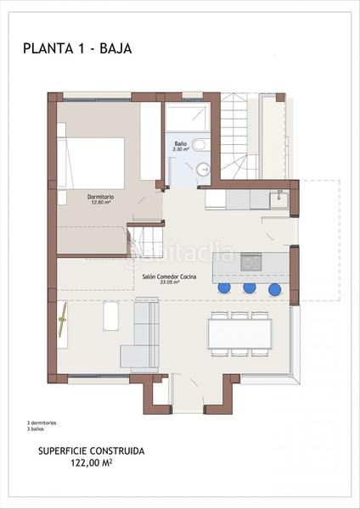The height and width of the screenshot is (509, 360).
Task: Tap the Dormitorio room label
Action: tap(100, 196)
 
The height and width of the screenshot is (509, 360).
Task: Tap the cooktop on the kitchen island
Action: tap(251, 261)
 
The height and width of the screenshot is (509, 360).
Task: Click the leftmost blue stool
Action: tap(224, 288)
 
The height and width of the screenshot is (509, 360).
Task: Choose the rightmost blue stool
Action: tap(274, 289)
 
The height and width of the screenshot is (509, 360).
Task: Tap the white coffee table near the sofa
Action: tap(111, 317)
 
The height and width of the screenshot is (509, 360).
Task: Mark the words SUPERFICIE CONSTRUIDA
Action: tap(90, 452)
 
